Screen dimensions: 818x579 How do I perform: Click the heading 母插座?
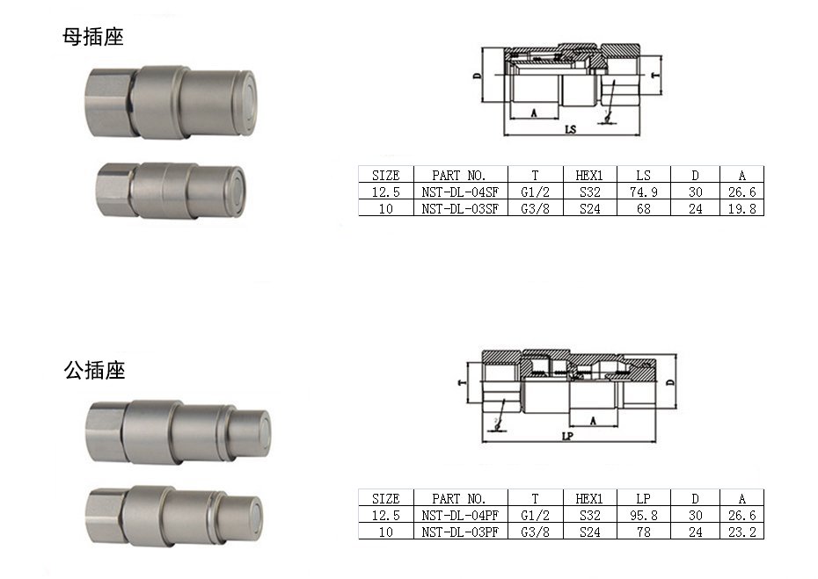tap(93, 37)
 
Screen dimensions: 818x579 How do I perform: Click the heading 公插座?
tap(94, 370)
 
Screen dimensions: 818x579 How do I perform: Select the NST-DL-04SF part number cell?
tap(460, 192)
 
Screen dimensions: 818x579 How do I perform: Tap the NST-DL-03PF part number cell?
tap(460, 532)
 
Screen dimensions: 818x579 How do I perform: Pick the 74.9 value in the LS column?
tap(643, 192)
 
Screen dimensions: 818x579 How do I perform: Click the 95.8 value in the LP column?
tap(643, 516)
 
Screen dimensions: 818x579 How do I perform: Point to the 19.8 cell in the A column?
tap(741, 208)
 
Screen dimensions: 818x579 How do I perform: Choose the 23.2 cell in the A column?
tap(741, 532)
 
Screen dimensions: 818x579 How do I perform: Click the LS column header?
tap(643, 175)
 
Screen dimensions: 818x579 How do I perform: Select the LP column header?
tap(643, 499)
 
